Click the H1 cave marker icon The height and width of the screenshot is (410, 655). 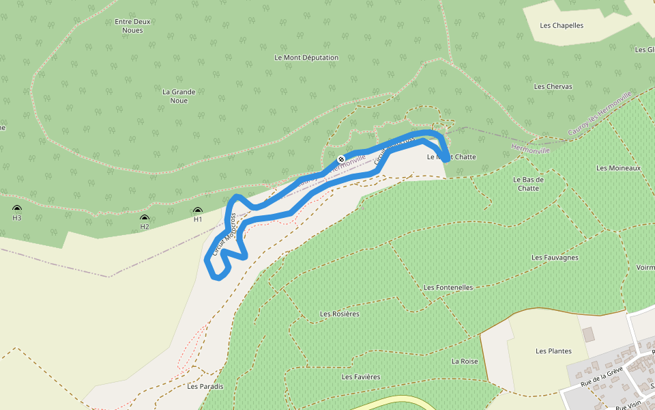coord(198,211)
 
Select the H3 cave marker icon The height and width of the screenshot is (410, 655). coord(17,209)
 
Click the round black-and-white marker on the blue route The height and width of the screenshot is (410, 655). coord(341,159)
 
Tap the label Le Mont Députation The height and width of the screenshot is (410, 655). coord(306,58)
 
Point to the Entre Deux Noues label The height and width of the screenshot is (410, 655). coord(132,26)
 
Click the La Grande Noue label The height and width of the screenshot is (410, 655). coord(179,96)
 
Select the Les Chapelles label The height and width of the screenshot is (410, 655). coord(562,26)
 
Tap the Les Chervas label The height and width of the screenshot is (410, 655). coord(553,87)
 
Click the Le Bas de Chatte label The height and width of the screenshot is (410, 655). coord(528,184)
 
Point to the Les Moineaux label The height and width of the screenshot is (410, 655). coord(618,168)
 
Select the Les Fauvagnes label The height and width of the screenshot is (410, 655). coord(555,258)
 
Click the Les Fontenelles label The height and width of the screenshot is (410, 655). coord(448,288)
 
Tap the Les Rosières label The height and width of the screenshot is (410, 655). coord(340,314)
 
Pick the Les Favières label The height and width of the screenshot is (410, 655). coord(361,377)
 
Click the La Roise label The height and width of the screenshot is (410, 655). coord(465,361)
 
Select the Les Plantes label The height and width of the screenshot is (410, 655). coord(553,351)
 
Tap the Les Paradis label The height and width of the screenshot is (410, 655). coord(205,387)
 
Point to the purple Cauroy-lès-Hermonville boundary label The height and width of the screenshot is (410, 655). coord(600,113)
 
